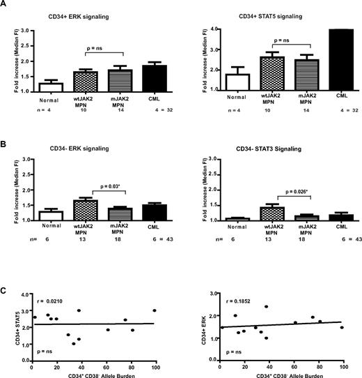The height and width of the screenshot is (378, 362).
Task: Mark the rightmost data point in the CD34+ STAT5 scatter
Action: (x=155, y=310)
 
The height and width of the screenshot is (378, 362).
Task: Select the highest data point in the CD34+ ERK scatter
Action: (x=266, y=306)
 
